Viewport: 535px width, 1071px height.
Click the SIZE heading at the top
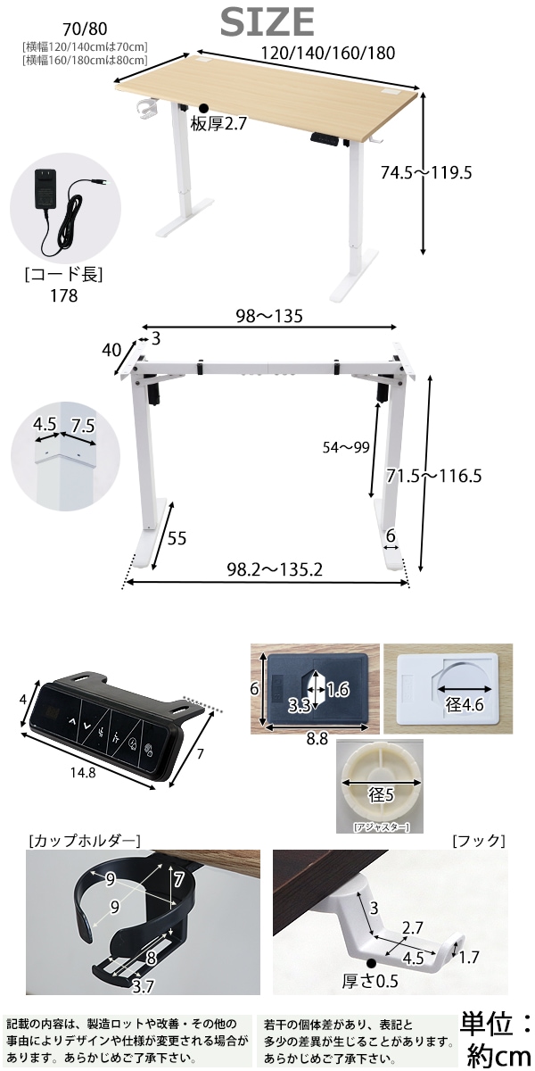(x=267, y=21)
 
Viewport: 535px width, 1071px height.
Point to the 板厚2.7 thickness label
(x=218, y=124)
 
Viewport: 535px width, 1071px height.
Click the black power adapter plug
(x=43, y=189)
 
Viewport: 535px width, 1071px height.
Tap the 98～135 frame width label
(x=269, y=316)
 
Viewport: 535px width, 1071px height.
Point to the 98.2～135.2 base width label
(x=266, y=569)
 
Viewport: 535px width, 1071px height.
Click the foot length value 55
(x=177, y=538)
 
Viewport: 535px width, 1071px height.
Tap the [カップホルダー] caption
(x=84, y=841)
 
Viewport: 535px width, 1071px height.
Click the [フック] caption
(x=478, y=841)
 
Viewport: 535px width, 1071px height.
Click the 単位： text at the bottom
(x=495, y=1023)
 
